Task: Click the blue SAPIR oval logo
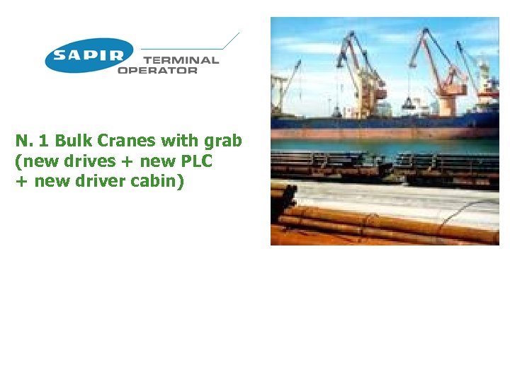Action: point(89,55)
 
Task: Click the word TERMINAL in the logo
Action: point(181,60)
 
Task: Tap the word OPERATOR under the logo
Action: point(157,71)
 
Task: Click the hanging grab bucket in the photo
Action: point(409,106)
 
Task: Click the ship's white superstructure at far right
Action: point(487,85)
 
